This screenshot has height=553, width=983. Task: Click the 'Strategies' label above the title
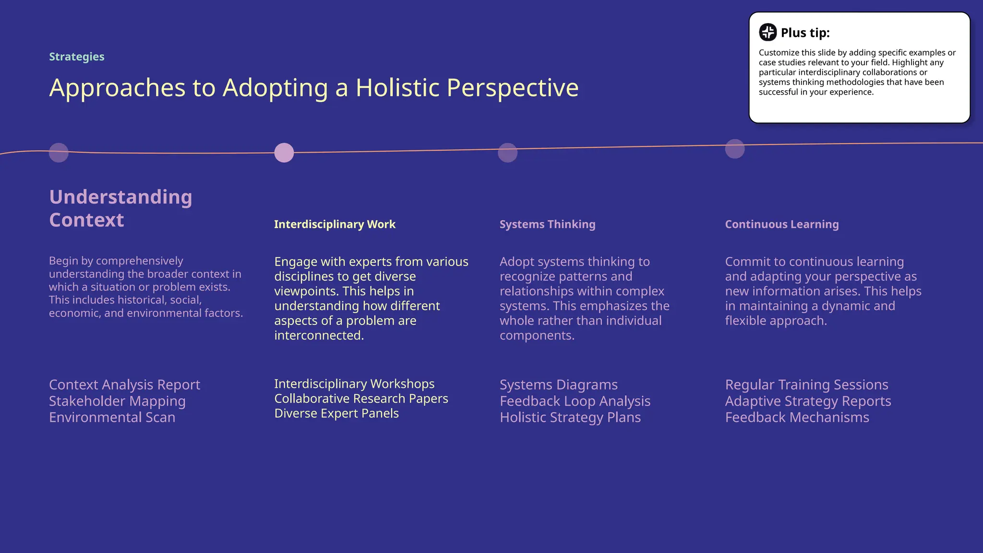coord(76,57)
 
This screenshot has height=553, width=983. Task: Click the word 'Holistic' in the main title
coord(397,88)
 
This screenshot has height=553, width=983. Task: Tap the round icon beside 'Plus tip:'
coord(767,32)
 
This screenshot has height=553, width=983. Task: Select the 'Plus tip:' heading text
coord(805,33)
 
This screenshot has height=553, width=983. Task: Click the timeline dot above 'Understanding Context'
coord(59,153)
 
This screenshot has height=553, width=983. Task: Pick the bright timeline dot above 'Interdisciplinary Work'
coord(284,153)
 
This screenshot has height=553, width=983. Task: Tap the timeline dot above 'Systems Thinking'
coord(507,153)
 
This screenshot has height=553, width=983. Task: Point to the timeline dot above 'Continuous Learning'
coord(734,149)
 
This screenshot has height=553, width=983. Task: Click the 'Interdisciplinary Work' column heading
coord(335,224)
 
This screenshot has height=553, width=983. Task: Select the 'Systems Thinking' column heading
coord(547,224)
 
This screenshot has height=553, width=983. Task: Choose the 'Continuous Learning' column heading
coord(781,224)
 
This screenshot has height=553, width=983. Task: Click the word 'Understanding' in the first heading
coord(120,197)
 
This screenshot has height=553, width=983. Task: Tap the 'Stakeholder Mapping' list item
coord(117,401)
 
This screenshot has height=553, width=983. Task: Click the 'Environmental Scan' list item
coord(112,417)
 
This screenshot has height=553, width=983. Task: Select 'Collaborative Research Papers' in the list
coord(361,398)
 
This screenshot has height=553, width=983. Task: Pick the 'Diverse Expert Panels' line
coord(336,413)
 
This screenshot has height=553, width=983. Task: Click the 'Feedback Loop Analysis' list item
coord(575,401)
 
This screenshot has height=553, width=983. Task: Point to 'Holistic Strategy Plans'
coord(570,417)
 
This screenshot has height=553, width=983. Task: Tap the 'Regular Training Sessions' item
coord(806,385)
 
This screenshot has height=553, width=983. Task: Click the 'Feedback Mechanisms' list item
coord(797,417)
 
